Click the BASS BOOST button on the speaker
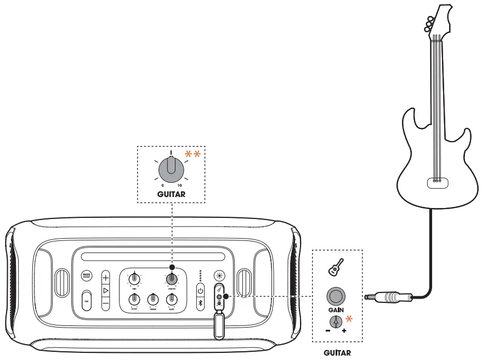86,276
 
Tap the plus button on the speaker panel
106,278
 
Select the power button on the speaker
201,291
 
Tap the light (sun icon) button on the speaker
220,277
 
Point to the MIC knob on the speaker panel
134,279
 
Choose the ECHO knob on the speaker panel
134,299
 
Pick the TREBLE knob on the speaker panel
153,299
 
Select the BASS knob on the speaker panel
172,299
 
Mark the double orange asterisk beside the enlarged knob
192,155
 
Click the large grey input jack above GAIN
336,297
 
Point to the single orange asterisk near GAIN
348,319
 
